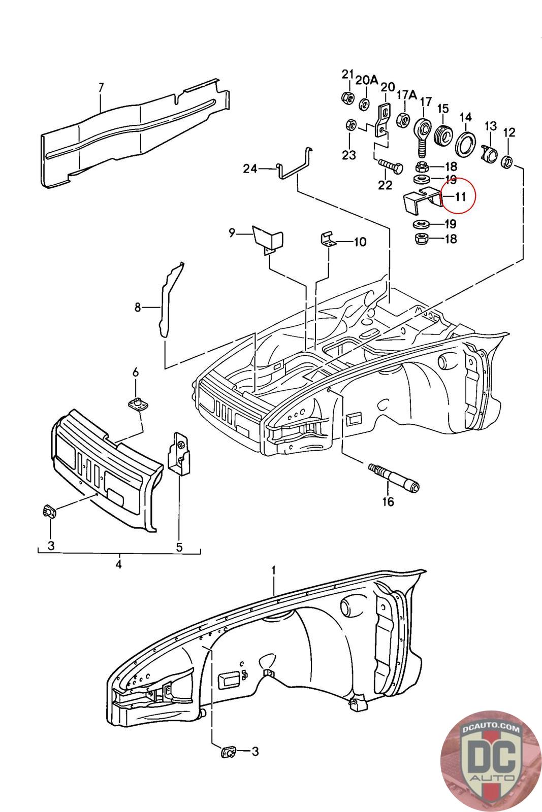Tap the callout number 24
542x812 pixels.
click(x=250, y=168)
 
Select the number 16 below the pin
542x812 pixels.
click(x=388, y=502)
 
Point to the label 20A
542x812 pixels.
click(x=366, y=80)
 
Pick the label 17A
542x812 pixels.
click(x=406, y=95)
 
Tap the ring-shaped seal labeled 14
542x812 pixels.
click(x=466, y=145)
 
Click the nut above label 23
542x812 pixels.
click(x=350, y=125)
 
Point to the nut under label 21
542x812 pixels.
click(x=347, y=97)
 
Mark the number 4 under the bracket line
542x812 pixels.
click(x=119, y=564)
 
